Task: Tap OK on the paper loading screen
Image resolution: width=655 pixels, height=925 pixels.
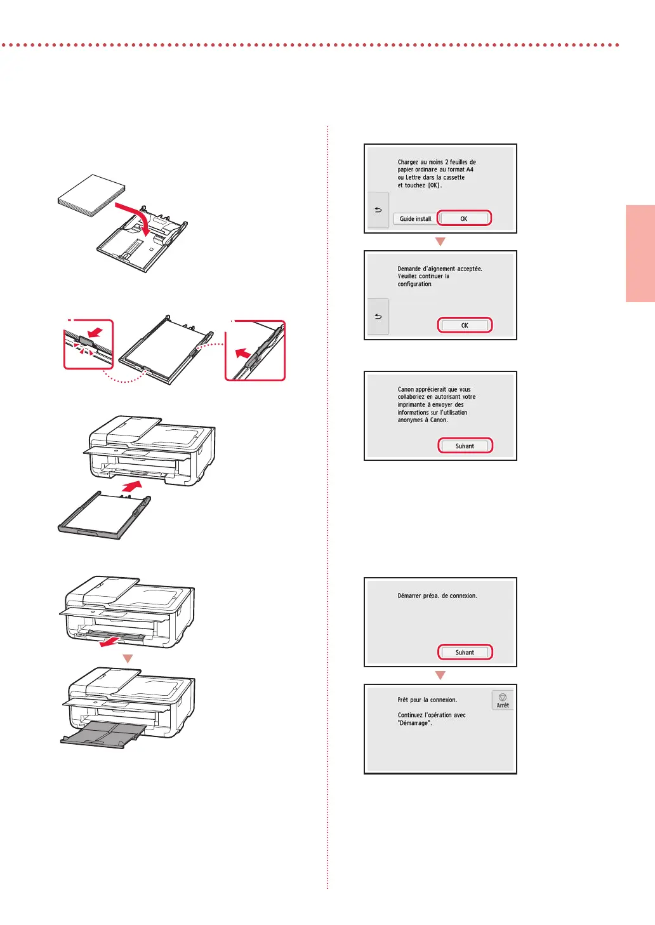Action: (464, 218)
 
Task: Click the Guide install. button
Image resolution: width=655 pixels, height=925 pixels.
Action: (414, 218)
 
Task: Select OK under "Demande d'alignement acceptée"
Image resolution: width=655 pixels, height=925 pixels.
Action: (465, 325)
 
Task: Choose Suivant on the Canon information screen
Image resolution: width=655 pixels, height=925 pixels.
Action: (465, 446)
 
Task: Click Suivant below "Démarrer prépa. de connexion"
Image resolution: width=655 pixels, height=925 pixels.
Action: (465, 652)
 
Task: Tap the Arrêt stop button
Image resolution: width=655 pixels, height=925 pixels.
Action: (502, 700)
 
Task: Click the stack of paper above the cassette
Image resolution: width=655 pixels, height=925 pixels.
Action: (91, 195)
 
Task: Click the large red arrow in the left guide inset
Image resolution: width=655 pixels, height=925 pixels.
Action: (95, 332)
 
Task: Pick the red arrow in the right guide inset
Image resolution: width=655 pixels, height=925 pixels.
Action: (242, 354)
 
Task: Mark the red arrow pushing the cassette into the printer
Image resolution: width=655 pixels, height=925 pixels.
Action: (132, 486)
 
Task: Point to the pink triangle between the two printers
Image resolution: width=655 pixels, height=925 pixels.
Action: (128, 658)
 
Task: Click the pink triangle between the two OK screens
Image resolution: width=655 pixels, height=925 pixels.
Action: (440, 242)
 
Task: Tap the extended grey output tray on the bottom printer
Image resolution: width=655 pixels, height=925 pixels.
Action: (103, 734)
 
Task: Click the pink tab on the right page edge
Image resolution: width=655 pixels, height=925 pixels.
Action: (640, 253)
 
